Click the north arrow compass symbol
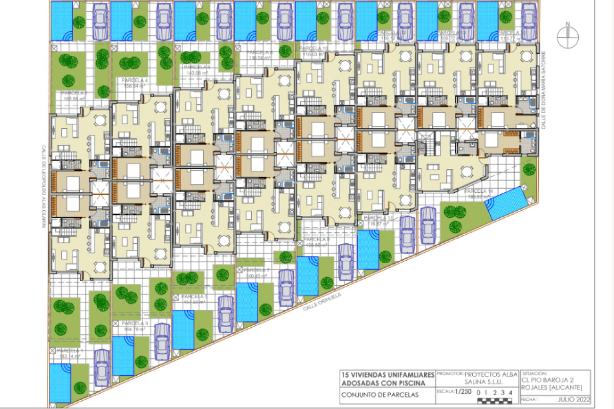pyautogui.click(x=568, y=37)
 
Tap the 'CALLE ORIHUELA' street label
pyautogui.click(x=322, y=302)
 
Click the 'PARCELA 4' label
pyautogui.click(x=135, y=81)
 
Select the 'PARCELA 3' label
pyautogui.click(x=135, y=323)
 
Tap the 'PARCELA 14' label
pyautogui.click(x=478, y=191)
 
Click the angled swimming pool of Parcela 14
pyautogui.click(x=506, y=203)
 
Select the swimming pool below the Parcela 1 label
pyautogui.click(x=60, y=382)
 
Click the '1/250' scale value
pyautogui.click(x=463, y=392)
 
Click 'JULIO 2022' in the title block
pyautogui.click(x=574, y=399)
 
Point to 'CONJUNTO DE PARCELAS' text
pyautogui.click(x=380, y=395)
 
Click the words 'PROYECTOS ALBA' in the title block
pyautogui.click(x=491, y=374)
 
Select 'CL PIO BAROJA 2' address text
pyautogui.click(x=547, y=380)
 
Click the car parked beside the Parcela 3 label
pyautogui.click(x=162, y=342)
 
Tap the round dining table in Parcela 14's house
pyautogui.click(x=467, y=172)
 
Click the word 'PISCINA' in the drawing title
pyautogui.click(x=410, y=383)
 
